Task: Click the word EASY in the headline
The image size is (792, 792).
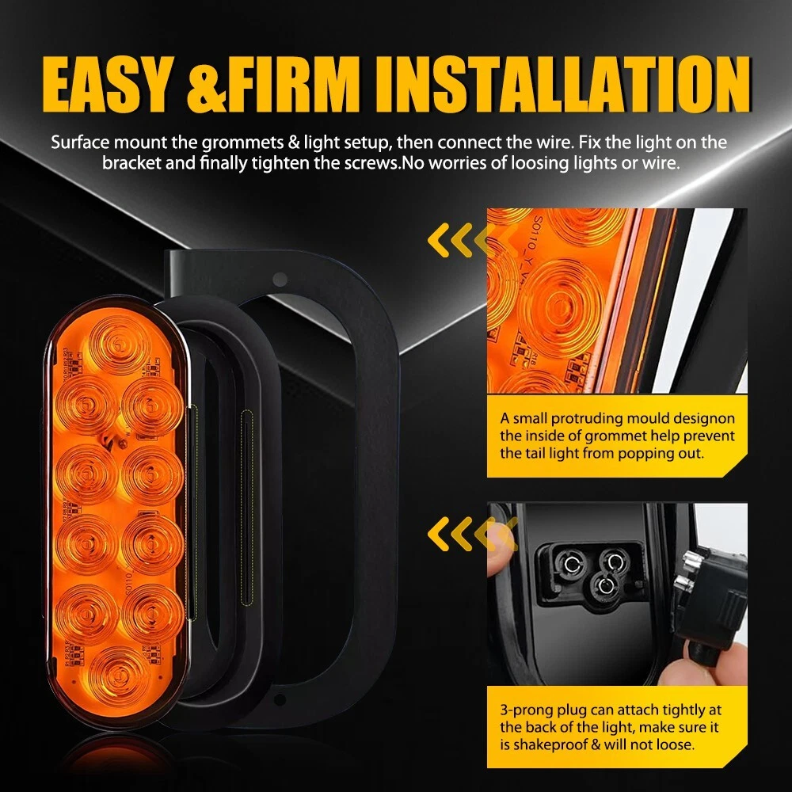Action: pyautogui.click(x=107, y=85)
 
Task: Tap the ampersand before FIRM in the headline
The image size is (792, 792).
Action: pyautogui.click(x=207, y=85)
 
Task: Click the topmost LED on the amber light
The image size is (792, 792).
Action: pyautogui.click(x=119, y=343)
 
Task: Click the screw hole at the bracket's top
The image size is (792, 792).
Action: pyautogui.click(x=280, y=279)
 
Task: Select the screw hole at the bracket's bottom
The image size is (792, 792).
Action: pyautogui.click(x=280, y=699)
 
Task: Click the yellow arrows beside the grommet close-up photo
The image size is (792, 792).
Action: pyautogui.click(x=472, y=240)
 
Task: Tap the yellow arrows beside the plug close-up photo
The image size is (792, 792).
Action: pyautogui.click(x=472, y=533)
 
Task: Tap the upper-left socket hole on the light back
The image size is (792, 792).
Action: pyautogui.click(x=573, y=562)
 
